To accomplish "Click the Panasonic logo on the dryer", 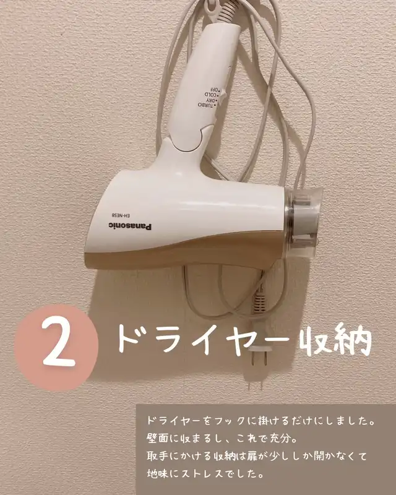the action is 130,226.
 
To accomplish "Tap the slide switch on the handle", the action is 223,94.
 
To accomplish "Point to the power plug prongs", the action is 257,358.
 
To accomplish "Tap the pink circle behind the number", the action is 56,347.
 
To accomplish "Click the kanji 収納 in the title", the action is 335,340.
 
